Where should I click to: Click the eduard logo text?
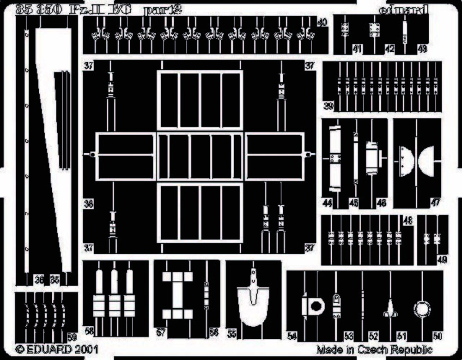[x=403, y=9]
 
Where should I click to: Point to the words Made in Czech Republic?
[x=374, y=349]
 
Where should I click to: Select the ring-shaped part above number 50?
[x=422, y=309]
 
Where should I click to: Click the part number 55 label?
[x=231, y=333]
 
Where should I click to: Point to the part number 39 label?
[x=328, y=106]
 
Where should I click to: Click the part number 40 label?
[x=322, y=22]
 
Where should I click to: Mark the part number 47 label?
[x=435, y=202]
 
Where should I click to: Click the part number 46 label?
[x=382, y=202]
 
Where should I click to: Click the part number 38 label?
[x=88, y=202]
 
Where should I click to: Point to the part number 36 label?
[x=40, y=279]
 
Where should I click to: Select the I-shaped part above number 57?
[x=177, y=295]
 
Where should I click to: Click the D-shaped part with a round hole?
[x=313, y=305]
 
